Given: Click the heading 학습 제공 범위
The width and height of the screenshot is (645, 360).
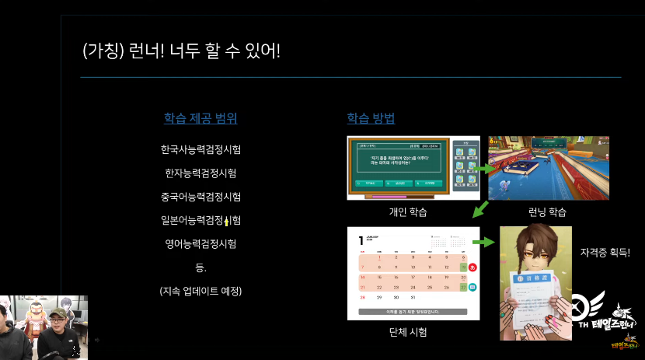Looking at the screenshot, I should coord(200,119).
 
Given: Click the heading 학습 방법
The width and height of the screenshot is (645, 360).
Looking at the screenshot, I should coord(371,119).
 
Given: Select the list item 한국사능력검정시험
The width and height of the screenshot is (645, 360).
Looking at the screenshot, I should coord(200,149).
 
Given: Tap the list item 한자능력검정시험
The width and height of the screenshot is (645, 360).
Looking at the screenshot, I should coord(200,173).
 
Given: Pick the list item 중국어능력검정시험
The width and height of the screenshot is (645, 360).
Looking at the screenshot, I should coord(200,197).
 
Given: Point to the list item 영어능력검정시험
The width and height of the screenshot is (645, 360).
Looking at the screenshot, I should coord(200,244).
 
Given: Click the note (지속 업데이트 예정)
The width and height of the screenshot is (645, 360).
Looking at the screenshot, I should coord(200,292).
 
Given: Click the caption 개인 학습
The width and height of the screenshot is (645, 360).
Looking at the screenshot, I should coord(408,211).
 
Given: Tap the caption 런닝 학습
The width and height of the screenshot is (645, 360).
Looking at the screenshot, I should coord(547,211).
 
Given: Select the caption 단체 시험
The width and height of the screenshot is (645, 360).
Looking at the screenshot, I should coord(408,332).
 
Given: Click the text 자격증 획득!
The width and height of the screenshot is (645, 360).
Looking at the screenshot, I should coord(605,253).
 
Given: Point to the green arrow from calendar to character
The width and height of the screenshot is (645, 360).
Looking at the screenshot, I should coord(484,243).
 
